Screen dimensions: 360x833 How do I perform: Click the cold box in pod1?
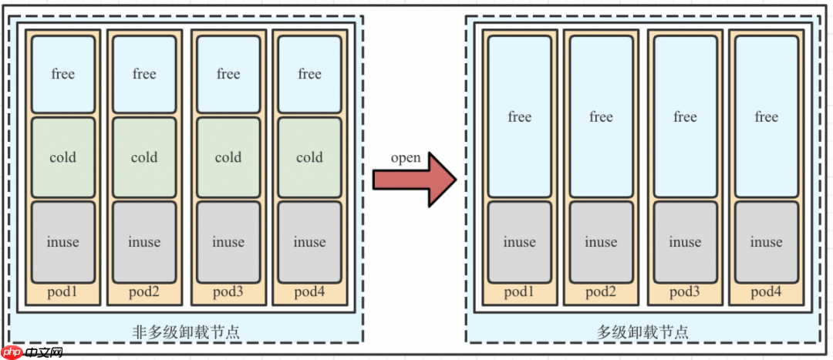[63, 157]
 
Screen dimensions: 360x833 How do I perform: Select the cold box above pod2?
[144, 157]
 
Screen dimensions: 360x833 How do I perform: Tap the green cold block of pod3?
[228, 157]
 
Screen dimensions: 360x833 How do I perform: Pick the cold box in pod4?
[309, 157]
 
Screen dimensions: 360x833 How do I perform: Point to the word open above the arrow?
[406, 158]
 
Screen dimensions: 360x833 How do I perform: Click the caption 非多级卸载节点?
[187, 332]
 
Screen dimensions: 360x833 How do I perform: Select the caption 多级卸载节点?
[642, 332]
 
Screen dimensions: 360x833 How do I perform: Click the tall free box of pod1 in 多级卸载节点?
[520, 116]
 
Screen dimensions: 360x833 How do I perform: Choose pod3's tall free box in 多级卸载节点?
[685, 116]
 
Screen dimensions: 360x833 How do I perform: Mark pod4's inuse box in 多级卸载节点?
[767, 242]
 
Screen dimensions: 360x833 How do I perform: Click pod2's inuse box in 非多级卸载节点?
[144, 242]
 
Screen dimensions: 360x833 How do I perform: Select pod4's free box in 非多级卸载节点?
[309, 74]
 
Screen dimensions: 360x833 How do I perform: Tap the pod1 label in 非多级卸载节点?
[63, 292]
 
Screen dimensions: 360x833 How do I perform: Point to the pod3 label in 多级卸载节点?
[685, 292]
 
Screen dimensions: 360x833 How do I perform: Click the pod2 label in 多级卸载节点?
[601, 292]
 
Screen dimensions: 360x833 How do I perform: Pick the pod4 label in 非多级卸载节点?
[309, 292]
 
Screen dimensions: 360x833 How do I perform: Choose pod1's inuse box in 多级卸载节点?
[520, 242]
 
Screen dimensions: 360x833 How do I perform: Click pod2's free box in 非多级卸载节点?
[144, 74]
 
